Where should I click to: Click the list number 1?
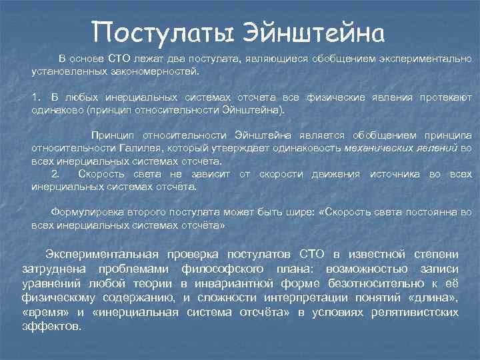(x=35, y=98)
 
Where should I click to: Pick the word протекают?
(x=445, y=98)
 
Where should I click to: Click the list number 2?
(x=56, y=174)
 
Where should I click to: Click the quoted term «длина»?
(x=435, y=297)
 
